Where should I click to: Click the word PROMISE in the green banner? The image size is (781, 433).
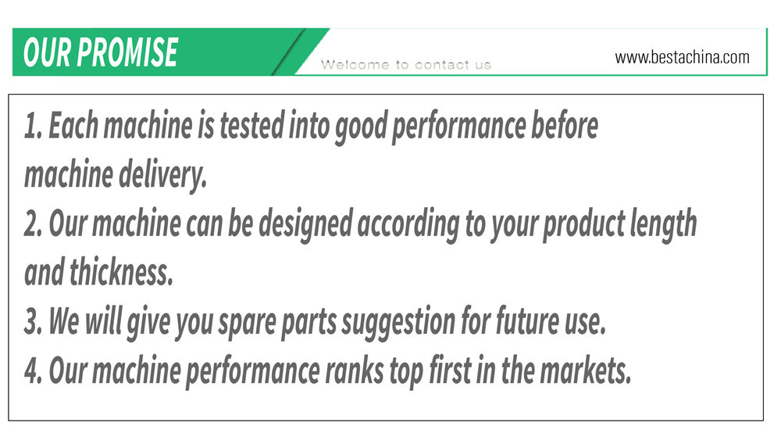coord(127,52)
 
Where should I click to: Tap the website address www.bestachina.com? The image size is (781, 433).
coord(682,57)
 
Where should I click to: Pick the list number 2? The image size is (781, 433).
coord(33,224)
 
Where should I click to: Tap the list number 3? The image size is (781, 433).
coord(33,321)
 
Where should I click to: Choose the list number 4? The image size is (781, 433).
coord(33,370)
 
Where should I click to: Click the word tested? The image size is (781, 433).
coord(251,125)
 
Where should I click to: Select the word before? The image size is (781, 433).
coord(565,125)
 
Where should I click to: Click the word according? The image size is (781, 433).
coord(408,225)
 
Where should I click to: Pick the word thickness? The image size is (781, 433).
coord(121,273)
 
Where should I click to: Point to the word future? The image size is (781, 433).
coord(527,320)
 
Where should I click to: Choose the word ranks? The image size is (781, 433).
coord(354,370)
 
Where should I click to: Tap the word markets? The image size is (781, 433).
coord(586,370)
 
